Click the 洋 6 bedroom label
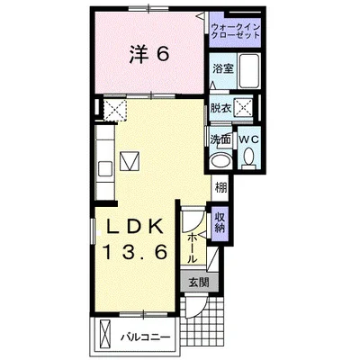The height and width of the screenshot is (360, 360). tap(149, 55)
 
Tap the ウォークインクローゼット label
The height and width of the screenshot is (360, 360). tap(235, 31)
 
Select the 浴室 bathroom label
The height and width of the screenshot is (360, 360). tap(223, 69)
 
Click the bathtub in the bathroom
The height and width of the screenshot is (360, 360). tap(249, 71)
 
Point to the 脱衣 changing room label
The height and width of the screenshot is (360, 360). tap(220, 108)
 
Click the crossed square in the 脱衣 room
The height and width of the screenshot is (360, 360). tap(243, 106)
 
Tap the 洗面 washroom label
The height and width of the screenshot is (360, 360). tap(220, 139)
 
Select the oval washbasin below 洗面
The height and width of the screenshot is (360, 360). tap(221, 161)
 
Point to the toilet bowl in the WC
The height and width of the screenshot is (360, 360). tap(248, 157)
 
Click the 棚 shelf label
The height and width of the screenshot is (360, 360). tap(220, 188)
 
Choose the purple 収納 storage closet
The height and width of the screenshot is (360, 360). tap(220, 224)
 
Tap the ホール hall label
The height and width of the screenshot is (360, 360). tap(193, 248)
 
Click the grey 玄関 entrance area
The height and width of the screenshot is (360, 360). tap(200, 282)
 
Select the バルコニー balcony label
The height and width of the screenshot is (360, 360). tap(146, 337)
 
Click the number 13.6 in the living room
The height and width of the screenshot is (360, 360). tap(135, 252)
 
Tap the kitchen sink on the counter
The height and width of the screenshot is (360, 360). tap(105, 168)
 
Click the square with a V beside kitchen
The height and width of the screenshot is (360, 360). tap(130, 161)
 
